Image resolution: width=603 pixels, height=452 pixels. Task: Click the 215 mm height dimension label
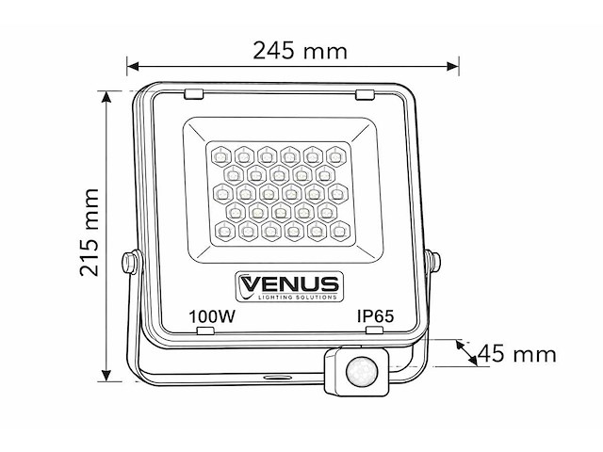pos(90,232)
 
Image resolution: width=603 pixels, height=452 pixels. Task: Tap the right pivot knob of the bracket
pos(435,258)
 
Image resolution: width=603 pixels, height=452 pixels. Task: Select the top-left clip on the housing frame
pos(193,93)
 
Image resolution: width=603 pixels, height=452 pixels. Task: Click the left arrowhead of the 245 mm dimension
pos(133,67)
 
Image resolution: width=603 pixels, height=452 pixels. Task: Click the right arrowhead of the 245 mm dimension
pos(455,67)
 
